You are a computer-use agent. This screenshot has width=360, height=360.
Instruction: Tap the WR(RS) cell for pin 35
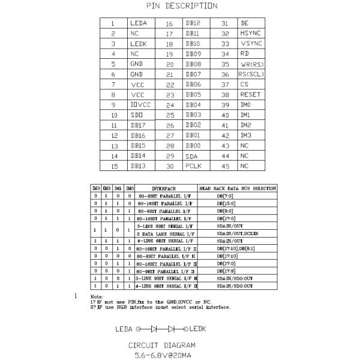[251, 64]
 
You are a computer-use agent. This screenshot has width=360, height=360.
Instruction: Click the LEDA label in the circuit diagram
[125, 329]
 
